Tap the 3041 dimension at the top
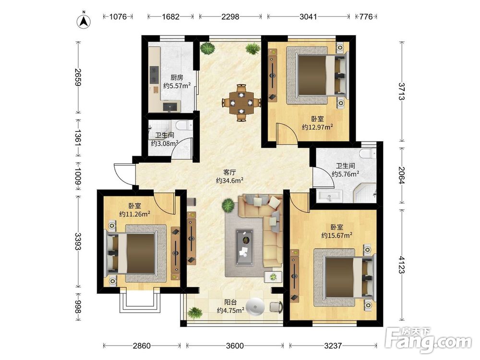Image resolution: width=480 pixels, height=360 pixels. [308, 16]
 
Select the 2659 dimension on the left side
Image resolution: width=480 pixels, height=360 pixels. [78, 77]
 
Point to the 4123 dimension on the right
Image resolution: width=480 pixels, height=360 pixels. [401, 265]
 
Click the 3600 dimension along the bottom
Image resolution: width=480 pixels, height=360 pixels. [235, 346]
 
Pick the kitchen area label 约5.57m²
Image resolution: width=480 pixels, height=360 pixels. [177, 86]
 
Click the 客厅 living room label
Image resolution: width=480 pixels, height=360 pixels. [229, 172]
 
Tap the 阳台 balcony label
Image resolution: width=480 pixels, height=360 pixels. [230, 302]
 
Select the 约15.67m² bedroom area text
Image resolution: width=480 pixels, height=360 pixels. [336, 235]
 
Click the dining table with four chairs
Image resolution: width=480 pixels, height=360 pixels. [241, 103]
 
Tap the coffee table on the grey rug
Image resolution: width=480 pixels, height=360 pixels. [244, 247]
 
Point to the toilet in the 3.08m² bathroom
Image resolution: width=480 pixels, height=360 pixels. [184, 125]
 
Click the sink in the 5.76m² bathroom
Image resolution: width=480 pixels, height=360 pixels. [329, 196]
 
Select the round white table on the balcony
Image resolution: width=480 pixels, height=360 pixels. [255, 307]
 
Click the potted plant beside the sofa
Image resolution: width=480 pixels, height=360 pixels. [228, 205]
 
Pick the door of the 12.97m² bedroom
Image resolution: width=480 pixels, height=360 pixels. [287, 132]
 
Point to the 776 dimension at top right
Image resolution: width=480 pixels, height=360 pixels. [366, 16]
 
